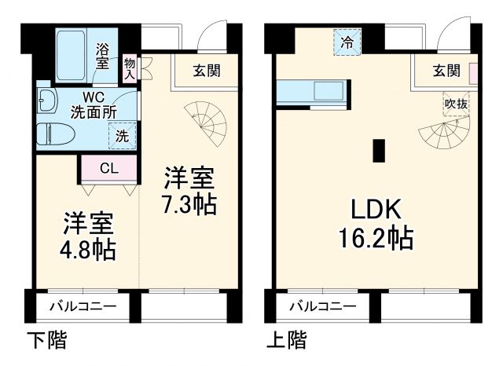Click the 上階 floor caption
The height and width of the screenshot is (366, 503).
286,341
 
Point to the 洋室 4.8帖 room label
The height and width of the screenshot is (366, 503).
89,236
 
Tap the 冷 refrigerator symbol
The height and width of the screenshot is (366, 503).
346,42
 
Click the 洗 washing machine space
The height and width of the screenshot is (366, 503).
122,134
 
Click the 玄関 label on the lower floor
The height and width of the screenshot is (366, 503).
207,71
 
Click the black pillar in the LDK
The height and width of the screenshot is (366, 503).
379,149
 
